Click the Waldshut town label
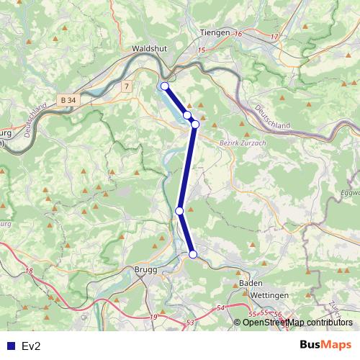click(x=149, y=49)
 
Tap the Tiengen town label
click(x=215, y=32)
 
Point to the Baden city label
click(x=251, y=284)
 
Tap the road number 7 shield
click(x=127, y=86)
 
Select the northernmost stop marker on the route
click(x=164, y=86)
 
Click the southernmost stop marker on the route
click(x=193, y=253)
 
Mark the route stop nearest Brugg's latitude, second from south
click(x=179, y=210)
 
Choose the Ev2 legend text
click(x=31, y=346)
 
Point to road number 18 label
click(x=29, y=271)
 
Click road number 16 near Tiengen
click(x=238, y=34)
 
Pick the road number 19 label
click(x=153, y=317)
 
